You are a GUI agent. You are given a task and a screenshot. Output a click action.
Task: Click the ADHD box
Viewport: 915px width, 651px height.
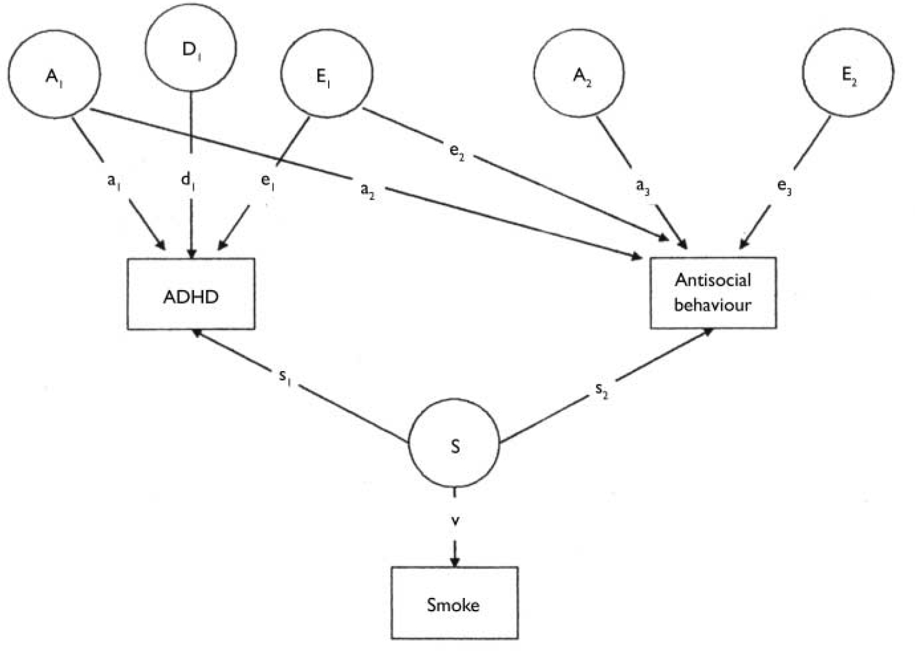click(x=191, y=294)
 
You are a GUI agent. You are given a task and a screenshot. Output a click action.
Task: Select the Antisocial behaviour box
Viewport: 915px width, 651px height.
click(x=712, y=293)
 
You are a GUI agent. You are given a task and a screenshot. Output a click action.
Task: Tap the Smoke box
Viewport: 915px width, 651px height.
click(x=454, y=603)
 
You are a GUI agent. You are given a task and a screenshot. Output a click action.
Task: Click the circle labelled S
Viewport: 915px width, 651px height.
click(x=454, y=446)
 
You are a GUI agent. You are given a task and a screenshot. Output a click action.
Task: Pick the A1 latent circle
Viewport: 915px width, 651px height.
click(x=55, y=75)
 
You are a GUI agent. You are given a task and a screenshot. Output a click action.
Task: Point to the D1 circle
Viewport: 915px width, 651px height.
click(x=191, y=48)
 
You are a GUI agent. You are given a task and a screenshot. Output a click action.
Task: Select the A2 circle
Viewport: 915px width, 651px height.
click(x=581, y=75)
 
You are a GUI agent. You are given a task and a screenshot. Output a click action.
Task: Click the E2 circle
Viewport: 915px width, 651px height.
click(x=848, y=75)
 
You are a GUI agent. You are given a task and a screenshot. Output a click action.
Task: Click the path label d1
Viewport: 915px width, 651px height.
click(x=188, y=180)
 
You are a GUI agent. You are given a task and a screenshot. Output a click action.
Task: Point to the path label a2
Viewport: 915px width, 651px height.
click(x=367, y=190)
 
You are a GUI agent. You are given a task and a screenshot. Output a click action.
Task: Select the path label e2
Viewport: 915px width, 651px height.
click(x=457, y=151)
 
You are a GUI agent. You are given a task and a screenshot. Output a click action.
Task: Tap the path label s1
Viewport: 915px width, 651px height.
click(x=285, y=377)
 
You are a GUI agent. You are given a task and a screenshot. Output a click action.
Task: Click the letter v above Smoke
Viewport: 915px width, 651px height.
click(x=455, y=520)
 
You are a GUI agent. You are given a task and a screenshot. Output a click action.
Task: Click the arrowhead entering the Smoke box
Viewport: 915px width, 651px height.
click(x=455, y=561)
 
